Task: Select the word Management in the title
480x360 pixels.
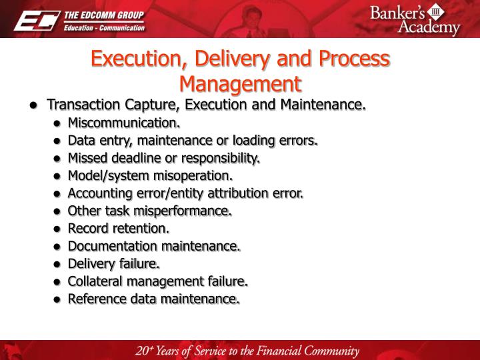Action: (x=240, y=84)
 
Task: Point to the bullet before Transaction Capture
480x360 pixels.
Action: (x=33, y=106)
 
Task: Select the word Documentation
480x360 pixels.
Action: (x=110, y=246)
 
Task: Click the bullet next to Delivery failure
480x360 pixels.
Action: (x=58, y=264)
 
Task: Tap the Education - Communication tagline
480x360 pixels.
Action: (x=103, y=27)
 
